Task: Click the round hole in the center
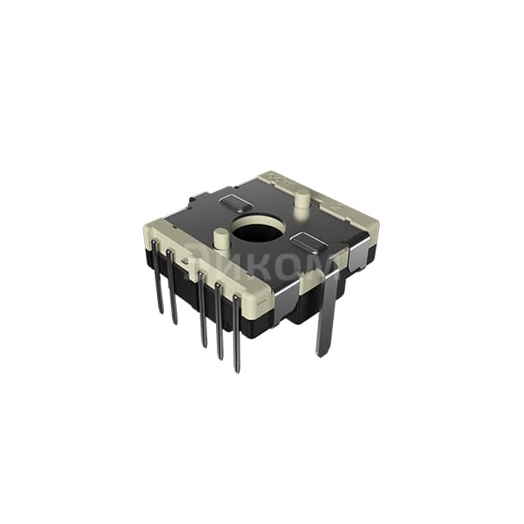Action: (259, 229)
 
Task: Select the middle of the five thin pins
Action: (202, 311)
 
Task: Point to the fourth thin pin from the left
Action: (219, 323)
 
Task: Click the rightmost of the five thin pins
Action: (237, 336)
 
